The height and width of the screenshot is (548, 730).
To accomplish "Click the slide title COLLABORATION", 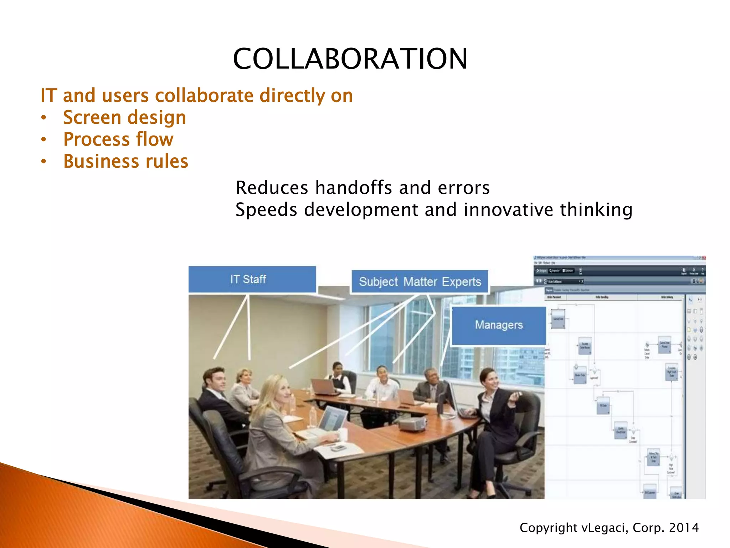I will (350, 59).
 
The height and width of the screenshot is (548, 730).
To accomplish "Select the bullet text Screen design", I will (124, 117).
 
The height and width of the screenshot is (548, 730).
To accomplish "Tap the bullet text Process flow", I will (118, 139).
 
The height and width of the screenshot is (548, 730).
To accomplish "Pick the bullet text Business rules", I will (125, 161).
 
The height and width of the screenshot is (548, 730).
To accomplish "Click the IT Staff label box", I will (252, 279).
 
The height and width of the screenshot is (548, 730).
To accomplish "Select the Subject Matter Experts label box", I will (420, 282).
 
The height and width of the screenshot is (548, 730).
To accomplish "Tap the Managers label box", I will (499, 325).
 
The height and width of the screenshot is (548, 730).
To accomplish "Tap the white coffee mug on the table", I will (343, 435).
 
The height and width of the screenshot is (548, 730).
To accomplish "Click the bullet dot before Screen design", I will (43, 118).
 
